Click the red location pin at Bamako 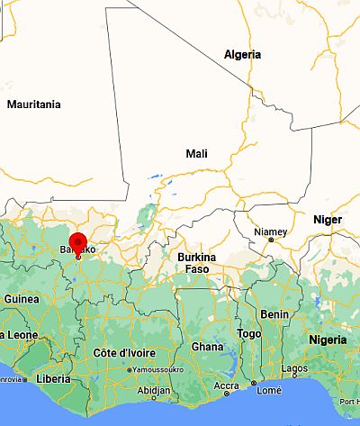(x=77, y=243)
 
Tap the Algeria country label (x=243, y=55)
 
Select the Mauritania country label (x=33, y=104)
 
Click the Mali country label (x=196, y=154)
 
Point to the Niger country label (x=327, y=220)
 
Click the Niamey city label (x=270, y=231)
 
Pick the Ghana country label (x=207, y=347)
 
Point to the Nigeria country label (x=327, y=340)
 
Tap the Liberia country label (x=54, y=378)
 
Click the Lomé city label (x=268, y=390)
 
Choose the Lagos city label (x=294, y=368)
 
